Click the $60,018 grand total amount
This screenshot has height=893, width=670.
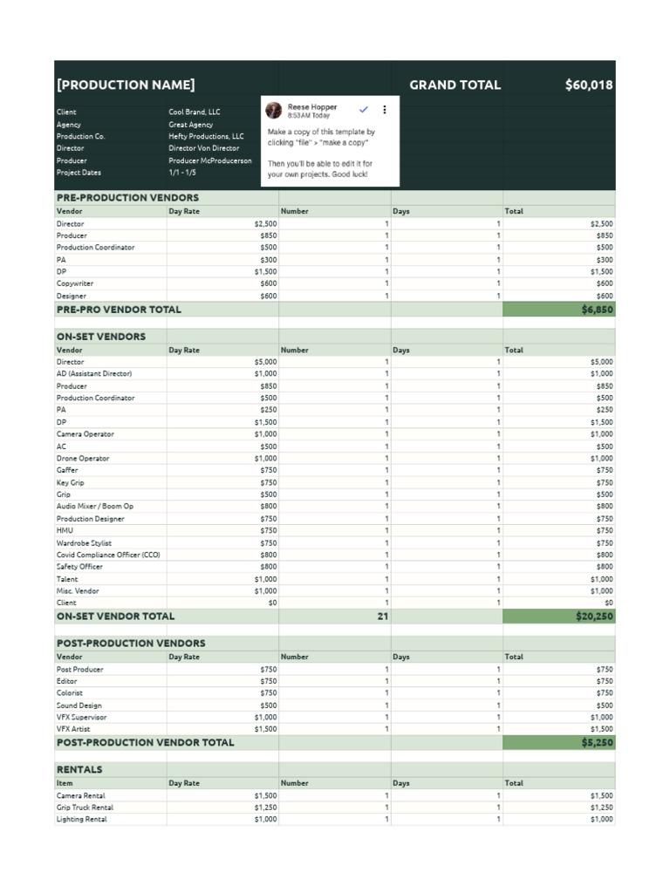[x=588, y=85]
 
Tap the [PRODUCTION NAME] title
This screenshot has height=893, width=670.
[x=126, y=85]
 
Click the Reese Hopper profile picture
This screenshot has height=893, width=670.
[x=274, y=110]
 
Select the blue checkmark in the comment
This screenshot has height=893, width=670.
[x=364, y=109]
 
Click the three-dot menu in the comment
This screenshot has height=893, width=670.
[x=385, y=110]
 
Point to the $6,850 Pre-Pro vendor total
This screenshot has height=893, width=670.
[x=597, y=310]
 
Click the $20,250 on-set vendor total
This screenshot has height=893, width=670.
[x=594, y=616]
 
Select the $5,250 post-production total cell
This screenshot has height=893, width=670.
[x=597, y=743]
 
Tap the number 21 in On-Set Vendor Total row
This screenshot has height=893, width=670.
[x=382, y=616]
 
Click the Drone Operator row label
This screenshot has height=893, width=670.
[x=84, y=458]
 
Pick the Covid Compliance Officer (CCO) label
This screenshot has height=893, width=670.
[x=108, y=555]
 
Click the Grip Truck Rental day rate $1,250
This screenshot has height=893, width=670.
[x=265, y=808]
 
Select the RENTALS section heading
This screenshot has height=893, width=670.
[x=79, y=769]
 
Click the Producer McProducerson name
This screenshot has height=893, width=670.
[x=210, y=160]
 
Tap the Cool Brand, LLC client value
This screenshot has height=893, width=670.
[x=195, y=112]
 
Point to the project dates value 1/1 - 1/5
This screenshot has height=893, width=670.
[x=182, y=173]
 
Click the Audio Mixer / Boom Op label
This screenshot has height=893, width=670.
[x=95, y=506]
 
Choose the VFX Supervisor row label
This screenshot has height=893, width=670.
[x=82, y=717]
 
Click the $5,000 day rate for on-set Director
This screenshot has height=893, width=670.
[x=265, y=361]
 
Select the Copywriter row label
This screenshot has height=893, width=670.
[x=75, y=283]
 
